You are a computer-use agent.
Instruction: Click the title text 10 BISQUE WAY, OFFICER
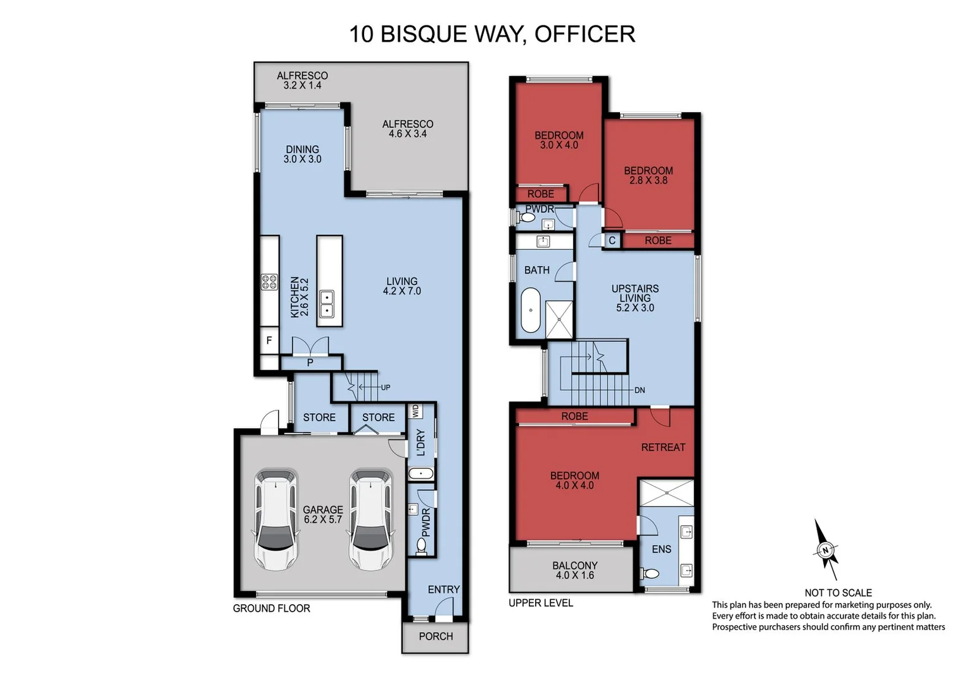click(492, 34)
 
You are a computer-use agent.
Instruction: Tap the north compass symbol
click(825, 550)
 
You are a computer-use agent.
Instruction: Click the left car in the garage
click(276, 519)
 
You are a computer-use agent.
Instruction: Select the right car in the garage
click(371, 519)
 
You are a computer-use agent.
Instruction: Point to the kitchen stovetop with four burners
click(269, 282)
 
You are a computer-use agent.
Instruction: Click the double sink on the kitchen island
click(327, 304)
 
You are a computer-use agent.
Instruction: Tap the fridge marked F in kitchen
click(269, 341)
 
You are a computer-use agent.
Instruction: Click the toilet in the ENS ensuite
click(650, 574)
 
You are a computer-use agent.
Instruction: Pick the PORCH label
click(436, 636)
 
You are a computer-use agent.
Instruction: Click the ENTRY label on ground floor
click(443, 590)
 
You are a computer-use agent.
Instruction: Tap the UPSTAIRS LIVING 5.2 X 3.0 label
click(635, 298)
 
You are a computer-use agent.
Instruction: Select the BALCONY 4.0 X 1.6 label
click(574, 570)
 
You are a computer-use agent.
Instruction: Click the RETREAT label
click(663, 447)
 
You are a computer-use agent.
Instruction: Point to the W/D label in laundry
click(415, 411)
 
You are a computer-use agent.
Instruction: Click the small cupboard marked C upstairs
click(612, 241)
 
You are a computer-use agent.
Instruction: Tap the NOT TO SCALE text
click(838, 593)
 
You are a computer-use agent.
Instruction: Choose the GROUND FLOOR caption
click(271, 609)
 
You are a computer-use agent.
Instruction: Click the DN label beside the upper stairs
click(640, 390)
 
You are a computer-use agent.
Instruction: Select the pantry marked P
click(310, 363)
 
